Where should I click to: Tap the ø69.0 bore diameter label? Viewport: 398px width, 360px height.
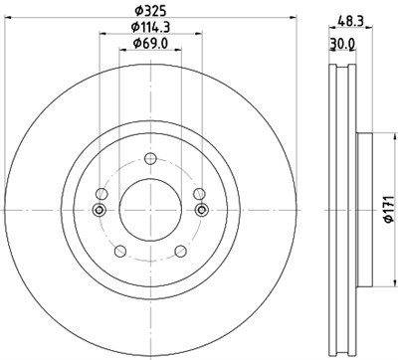click(149, 48)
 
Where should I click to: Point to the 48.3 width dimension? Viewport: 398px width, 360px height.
click(348, 20)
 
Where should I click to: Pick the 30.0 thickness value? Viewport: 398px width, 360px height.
click(341, 44)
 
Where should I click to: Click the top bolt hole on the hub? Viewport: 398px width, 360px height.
click(149, 159)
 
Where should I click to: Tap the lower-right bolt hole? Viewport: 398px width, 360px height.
click(180, 252)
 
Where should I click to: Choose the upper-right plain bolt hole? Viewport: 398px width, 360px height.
click(198, 194)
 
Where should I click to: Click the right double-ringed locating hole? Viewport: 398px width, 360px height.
click(202, 210)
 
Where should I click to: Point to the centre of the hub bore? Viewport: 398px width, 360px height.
click(149, 210)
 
